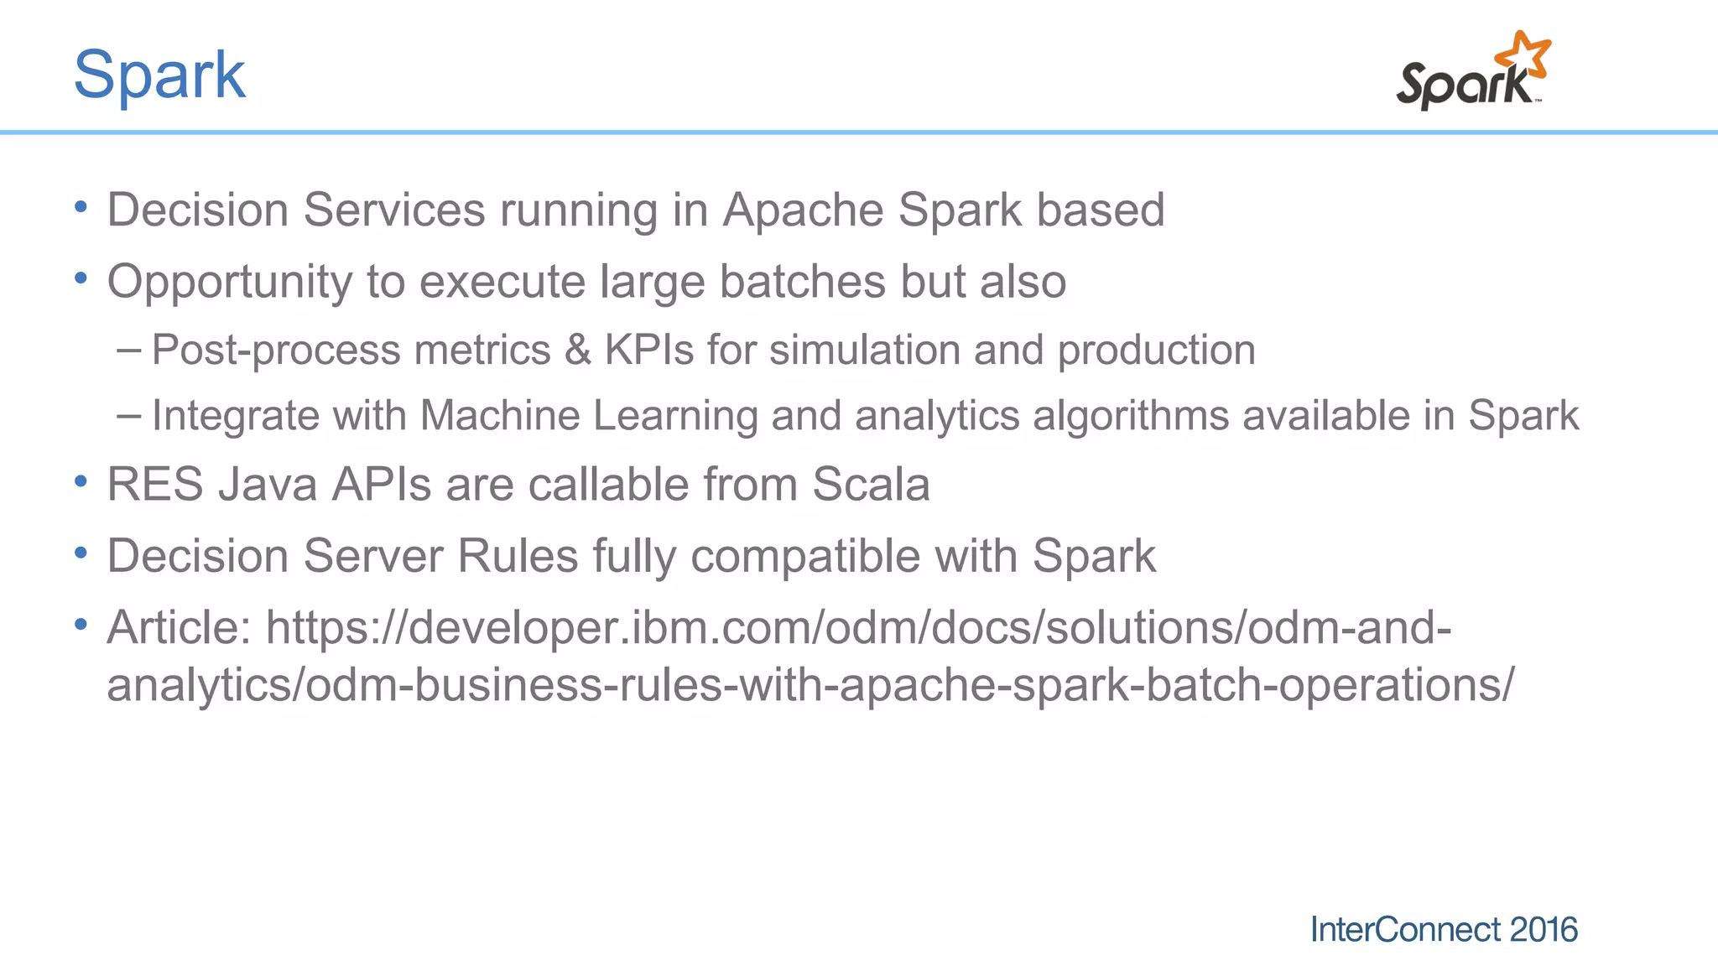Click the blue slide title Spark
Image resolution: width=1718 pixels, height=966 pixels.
(159, 75)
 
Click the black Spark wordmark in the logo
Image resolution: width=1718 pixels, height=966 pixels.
(1463, 85)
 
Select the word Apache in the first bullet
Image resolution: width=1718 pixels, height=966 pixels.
(804, 210)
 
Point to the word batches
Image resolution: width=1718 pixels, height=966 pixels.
(802, 282)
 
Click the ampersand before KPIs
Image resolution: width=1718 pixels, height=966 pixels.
(577, 350)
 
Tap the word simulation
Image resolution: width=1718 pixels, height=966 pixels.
(864, 350)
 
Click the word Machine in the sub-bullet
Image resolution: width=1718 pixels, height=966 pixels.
(499, 415)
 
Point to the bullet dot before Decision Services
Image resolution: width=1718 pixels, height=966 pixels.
(81, 207)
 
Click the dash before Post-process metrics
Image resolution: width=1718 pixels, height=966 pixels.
(129, 348)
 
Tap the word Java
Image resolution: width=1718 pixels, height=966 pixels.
(268, 485)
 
